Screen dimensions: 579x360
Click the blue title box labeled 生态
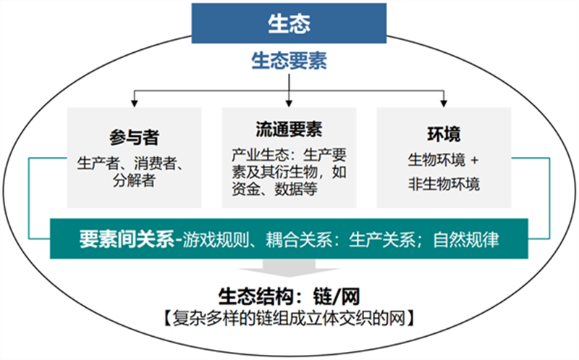[x=289, y=23]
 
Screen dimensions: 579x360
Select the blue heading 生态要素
[x=289, y=61]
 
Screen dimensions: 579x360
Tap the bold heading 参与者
[x=134, y=138]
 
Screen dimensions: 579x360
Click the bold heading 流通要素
[x=289, y=130]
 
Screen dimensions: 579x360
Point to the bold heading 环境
[x=444, y=134]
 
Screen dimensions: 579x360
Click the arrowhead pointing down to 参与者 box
[x=135, y=103]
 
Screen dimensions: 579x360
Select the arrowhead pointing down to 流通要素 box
[x=289, y=103]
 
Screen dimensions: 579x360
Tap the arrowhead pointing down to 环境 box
[x=444, y=103]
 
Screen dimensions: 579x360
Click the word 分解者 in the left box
[x=134, y=180]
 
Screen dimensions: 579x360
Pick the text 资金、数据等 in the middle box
[x=275, y=189]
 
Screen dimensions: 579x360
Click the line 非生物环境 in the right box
[x=444, y=184]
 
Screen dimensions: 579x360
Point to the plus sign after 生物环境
[x=475, y=160]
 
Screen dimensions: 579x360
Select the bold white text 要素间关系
[x=127, y=239]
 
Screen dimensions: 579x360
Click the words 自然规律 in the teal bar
[x=466, y=239]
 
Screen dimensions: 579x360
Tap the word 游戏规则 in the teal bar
[x=216, y=239]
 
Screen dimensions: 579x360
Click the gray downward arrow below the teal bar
[x=289, y=268]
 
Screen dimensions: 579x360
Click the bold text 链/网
[x=336, y=296]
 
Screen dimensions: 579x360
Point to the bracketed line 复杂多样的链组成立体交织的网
[x=289, y=318]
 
